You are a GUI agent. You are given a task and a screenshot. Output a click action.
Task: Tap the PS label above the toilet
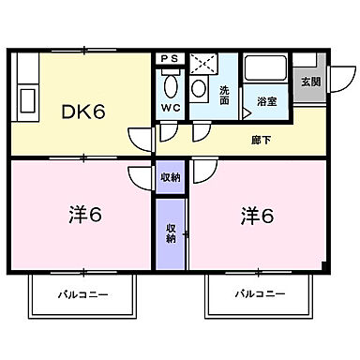pos(170,58)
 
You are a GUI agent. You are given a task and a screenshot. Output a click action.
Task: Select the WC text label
pos(170,107)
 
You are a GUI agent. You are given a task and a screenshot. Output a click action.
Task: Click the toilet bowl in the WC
pos(170,84)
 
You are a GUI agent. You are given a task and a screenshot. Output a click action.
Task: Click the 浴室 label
pos(265,100)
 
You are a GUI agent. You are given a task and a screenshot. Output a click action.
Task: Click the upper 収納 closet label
pos(169,176)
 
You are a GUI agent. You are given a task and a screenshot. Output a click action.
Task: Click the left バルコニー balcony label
pos(82,294)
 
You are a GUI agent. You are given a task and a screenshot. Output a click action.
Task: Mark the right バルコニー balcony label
pos(258,294)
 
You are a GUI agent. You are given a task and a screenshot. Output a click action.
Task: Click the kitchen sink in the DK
pos(26,100)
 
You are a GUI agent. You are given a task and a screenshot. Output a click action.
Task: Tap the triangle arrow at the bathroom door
pos(247,113)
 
